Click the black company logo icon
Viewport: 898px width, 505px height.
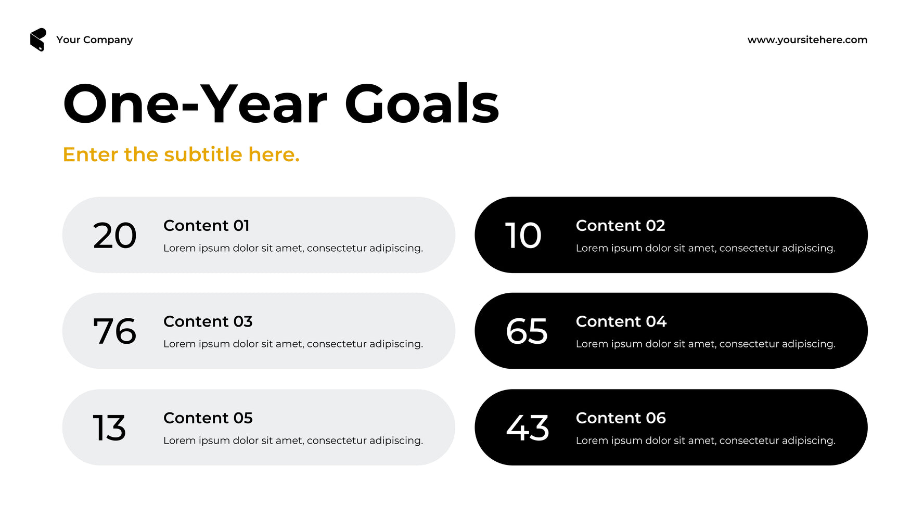click(x=38, y=40)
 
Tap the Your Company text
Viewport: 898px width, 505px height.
click(x=95, y=40)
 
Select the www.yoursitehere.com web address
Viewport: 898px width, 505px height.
click(x=807, y=40)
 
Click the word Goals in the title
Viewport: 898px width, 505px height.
click(x=422, y=104)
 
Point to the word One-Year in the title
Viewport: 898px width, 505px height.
click(x=195, y=104)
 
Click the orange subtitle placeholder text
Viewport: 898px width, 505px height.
click(x=181, y=154)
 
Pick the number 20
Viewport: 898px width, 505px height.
click(x=114, y=236)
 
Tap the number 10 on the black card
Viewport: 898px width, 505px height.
click(x=523, y=236)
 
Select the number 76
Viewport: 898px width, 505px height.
click(x=114, y=331)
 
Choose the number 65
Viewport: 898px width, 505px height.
click(x=527, y=331)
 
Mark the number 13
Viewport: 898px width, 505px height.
click(x=109, y=428)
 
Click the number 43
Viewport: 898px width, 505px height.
click(x=528, y=428)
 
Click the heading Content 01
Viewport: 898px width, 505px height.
click(x=207, y=226)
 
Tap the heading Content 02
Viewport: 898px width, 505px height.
click(x=621, y=226)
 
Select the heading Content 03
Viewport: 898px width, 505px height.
click(x=208, y=321)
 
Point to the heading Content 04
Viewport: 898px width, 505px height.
click(x=621, y=321)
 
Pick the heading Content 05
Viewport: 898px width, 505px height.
click(x=208, y=418)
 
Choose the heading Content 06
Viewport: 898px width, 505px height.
click(x=621, y=418)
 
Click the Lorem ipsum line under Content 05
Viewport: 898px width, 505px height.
click(x=293, y=441)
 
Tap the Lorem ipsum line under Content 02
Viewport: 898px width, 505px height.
click(x=705, y=249)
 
